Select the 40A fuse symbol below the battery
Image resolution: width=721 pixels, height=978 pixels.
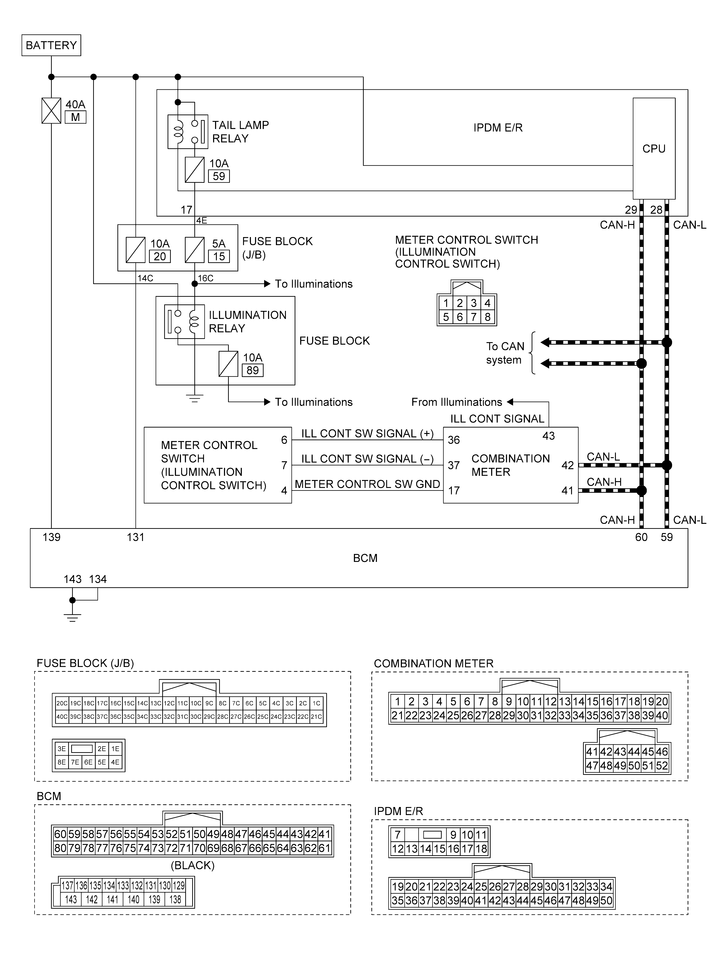51,111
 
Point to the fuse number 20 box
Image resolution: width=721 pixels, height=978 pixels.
160,256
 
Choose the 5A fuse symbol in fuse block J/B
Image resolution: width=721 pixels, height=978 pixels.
195,250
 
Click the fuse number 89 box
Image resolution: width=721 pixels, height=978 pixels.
252,370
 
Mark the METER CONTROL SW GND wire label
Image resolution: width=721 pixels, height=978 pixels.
367,484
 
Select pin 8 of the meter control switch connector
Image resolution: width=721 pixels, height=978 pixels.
488,317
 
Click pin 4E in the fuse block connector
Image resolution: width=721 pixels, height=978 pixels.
115,762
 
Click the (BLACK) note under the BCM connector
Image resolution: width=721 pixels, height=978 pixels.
192,865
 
